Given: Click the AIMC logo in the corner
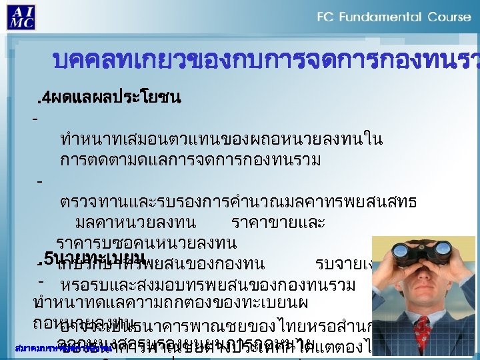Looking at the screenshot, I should click(21, 16).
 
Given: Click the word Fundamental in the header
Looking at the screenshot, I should click(386, 16).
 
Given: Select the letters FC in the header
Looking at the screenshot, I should click(326, 16).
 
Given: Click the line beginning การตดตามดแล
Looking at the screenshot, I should click(190, 160).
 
